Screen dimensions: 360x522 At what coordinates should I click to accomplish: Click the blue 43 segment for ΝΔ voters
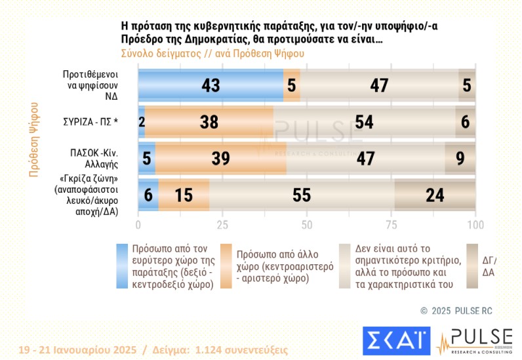coord(211,85)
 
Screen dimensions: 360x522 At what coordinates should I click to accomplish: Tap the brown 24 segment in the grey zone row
coord(435,195)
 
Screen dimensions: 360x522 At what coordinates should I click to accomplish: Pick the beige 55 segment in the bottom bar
coord(302,195)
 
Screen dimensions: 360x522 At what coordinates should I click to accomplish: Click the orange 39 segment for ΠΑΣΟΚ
coord(221,158)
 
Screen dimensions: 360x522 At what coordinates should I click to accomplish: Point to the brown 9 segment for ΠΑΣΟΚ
coord(460,158)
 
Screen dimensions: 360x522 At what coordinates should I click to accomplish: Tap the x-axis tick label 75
coord(391,225)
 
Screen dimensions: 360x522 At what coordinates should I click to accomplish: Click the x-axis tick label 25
coord(222,225)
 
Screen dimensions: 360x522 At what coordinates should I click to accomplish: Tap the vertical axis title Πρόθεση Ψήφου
coord(32,138)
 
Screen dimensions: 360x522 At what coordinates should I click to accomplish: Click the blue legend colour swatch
coord(122,266)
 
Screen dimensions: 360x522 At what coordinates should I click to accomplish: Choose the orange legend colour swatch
coord(227,266)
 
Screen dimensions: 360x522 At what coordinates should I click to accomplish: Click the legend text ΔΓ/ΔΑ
coord(489,266)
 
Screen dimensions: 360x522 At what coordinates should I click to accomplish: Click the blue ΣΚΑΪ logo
coord(396,341)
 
